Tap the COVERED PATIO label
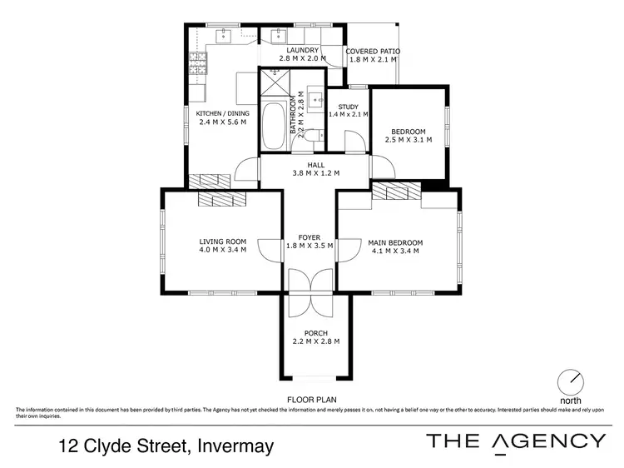click(373, 52)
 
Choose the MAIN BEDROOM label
click(395, 242)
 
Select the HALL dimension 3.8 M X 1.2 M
click(314, 174)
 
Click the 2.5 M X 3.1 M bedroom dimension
click(409, 140)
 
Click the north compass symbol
click(571, 381)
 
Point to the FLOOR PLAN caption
click(311, 400)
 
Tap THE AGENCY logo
click(516, 442)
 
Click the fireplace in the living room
click(222, 198)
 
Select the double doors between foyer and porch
click(310, 294)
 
